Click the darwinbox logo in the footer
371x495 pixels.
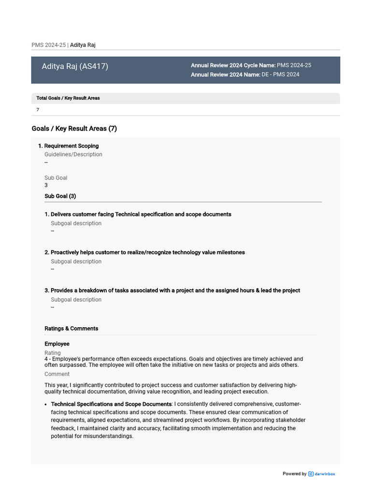[322, 474]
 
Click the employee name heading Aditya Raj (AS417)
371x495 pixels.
[75, 66]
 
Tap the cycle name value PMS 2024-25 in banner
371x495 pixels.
[294, 65]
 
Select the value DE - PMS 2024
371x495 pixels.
[280, 74]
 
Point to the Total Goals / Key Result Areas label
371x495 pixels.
[68, 98]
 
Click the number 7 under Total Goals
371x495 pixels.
[38, 110]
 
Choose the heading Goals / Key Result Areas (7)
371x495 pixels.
[74, 129]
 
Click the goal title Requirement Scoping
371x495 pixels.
[71, 146]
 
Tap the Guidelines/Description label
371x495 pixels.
[73, 155]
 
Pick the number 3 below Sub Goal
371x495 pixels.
[46, 185]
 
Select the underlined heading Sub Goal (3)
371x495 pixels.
[60, 196]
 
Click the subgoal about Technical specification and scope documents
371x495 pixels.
[141, 214]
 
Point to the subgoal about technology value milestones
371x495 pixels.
[147, 252]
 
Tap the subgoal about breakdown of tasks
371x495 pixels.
[175, 291]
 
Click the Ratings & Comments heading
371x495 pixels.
[71, 329]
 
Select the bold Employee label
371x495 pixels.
[57, 344]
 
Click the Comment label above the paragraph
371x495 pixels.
[57, 374]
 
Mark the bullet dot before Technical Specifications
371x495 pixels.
[45, 405]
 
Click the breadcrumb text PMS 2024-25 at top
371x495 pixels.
[48, 45]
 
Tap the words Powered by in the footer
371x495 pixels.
[294, 474]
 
